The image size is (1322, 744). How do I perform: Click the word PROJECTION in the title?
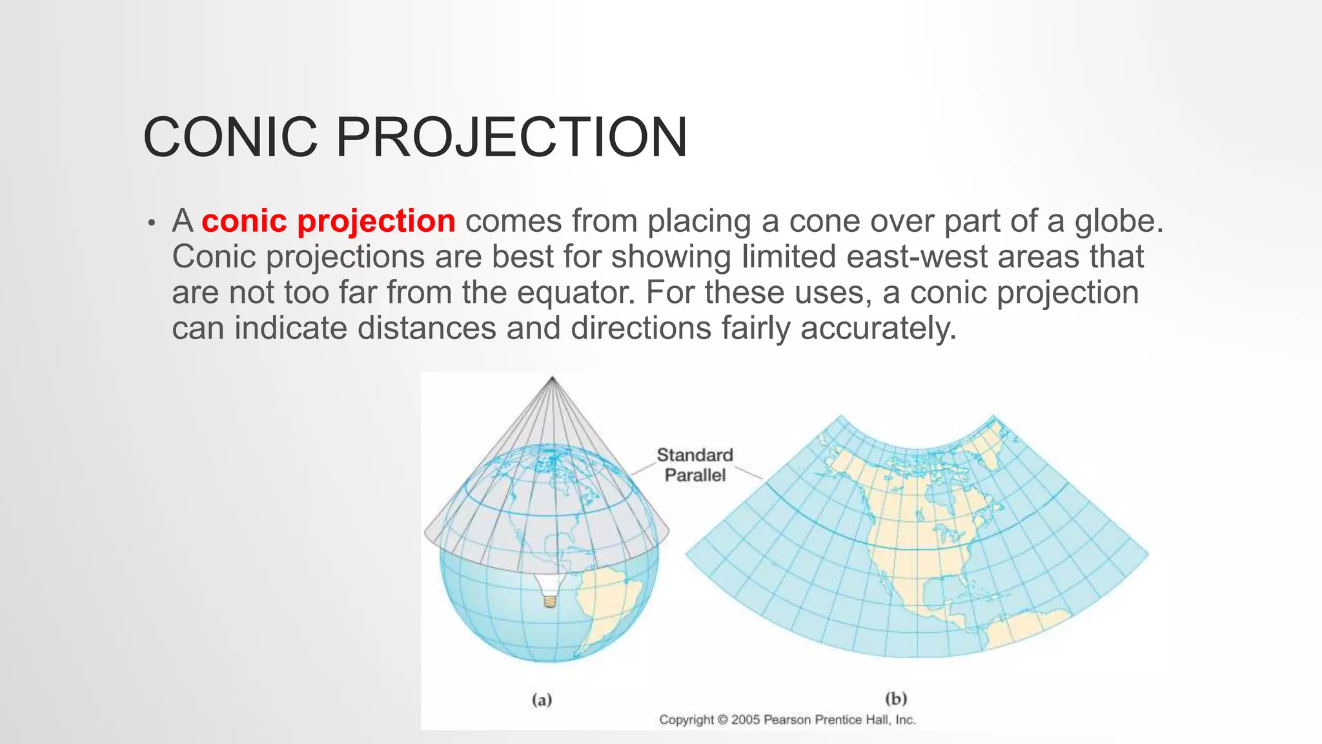[511, 137]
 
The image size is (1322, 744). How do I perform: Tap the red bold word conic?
[244, 221]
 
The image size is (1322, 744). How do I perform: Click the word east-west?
[917, 256]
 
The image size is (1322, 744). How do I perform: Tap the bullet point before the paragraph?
[151, 223]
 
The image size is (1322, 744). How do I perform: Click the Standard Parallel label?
[695, 465]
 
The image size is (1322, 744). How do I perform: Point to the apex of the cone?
[553, 378]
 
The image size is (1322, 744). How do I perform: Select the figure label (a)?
[542, 699]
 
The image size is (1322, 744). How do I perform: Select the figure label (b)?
[896, 698]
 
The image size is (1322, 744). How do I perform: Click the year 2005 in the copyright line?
[746, 719]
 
